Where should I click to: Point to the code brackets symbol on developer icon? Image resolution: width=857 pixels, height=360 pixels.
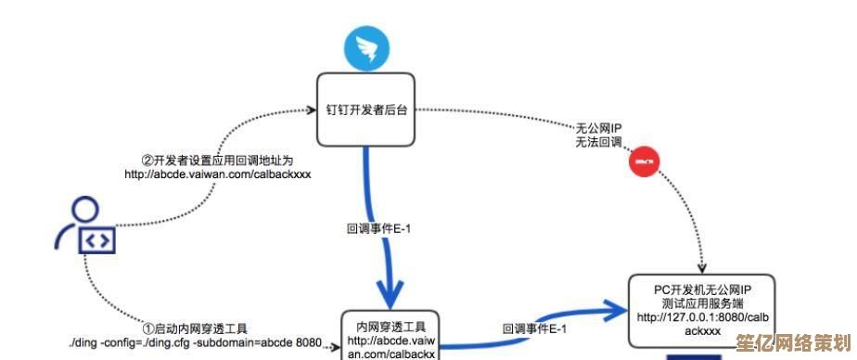point(96,240)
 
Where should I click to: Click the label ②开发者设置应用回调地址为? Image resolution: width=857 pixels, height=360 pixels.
point(218,160)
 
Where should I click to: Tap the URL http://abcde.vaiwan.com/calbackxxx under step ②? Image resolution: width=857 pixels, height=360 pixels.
point(218,174)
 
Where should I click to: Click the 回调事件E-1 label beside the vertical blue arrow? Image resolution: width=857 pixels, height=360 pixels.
point(378,226)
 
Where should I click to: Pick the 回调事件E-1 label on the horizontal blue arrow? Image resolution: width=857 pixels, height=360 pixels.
point(534,328)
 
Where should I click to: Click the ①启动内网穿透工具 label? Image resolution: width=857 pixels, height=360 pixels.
point(195,328)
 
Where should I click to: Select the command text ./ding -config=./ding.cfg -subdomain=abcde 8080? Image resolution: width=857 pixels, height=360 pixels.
point(195,343)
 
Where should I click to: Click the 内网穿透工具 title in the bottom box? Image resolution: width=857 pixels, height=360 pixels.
point(390,327)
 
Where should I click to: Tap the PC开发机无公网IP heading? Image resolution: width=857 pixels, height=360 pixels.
point(701,289)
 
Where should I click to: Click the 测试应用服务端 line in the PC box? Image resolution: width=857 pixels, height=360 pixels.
point(701,303)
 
